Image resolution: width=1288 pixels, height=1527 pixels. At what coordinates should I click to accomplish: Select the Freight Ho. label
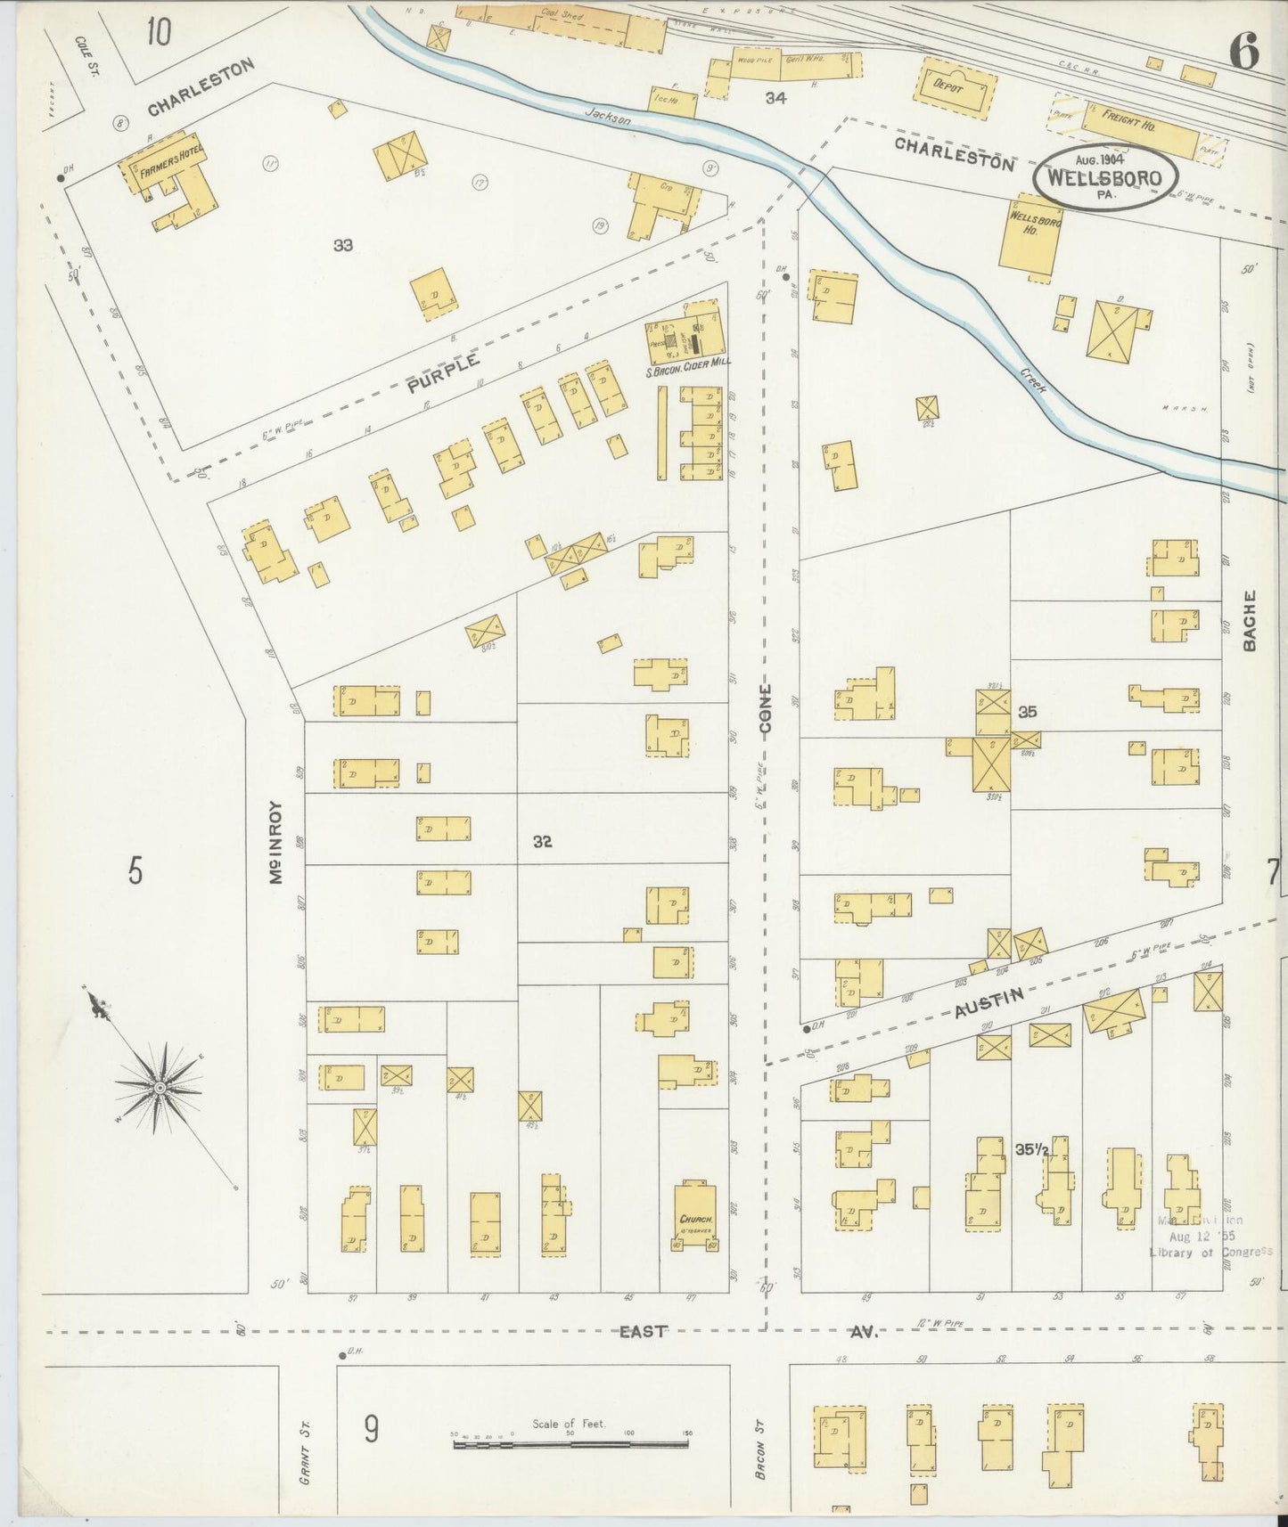(1128, 120)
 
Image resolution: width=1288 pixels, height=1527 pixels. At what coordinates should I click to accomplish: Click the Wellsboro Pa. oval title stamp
(1105, 177)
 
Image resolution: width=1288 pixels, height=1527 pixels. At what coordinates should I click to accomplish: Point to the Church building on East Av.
(695, 1217)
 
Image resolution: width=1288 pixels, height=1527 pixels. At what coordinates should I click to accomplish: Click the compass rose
(160, 1086)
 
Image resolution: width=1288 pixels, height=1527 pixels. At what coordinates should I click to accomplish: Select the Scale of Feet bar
(570, 1441)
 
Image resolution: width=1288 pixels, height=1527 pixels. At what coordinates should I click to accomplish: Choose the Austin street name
(987, 1003)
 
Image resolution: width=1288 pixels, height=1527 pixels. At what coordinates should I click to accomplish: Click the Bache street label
(1250, 621)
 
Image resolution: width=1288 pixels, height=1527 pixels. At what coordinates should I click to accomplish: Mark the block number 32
(542, 841)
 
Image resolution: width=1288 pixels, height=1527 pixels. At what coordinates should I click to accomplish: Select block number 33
(343, 245)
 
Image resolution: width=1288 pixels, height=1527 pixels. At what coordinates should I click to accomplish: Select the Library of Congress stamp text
(1210, 1252)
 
